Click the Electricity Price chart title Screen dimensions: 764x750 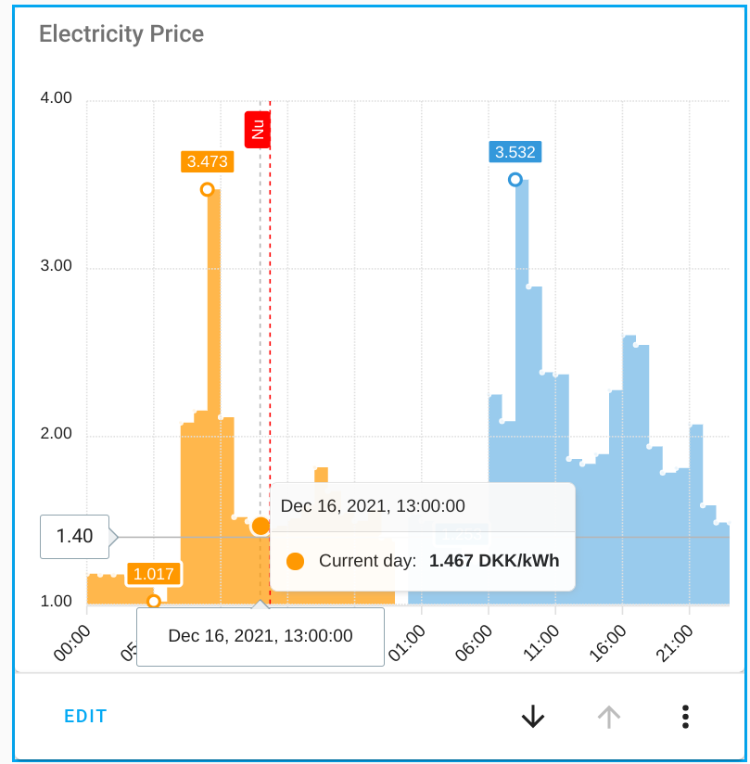[x=121, y=34]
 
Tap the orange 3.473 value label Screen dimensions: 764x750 [x=207, y=161]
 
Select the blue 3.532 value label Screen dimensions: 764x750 [x=515, y=152]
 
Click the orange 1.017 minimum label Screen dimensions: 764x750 [x=154, y=574]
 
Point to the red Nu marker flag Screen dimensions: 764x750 [x=258, y=129]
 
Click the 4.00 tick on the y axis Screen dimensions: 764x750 [x=57, y=98]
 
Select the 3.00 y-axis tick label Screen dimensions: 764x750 [x=57, y=266]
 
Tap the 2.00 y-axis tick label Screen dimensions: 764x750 [x=57, y=434]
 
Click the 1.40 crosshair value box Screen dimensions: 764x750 [x=74, y=536]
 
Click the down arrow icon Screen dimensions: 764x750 [x=532, y=716]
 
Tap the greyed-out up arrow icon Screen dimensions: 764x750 [x=608, y=716]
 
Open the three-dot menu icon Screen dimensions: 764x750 [x=685, y=716]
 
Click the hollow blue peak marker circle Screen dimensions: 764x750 [x=515, y=179]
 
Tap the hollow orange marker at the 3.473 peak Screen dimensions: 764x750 [x=207, y=189]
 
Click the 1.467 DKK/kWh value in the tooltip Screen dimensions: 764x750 [x=494, y=561]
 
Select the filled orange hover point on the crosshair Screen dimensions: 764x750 [x=261, y=526]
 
